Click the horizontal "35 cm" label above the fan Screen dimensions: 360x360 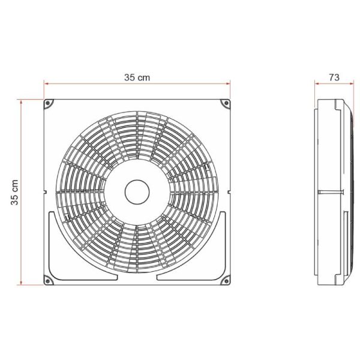point(137,77)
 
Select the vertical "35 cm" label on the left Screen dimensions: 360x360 point(16,193)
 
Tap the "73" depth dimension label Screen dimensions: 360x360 point(334,77)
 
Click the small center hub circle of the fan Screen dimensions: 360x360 point(137,193)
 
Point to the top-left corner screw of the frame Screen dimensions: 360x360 point(49,104)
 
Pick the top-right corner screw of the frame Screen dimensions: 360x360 point(226,104)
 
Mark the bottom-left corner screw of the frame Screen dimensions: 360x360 point(49,280)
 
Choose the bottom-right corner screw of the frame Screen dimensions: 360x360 point(226,280)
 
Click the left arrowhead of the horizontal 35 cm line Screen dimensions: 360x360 point(46,85)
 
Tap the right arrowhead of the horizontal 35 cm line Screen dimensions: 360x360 point(228,85)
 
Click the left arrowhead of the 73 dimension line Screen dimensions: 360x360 point(318,85)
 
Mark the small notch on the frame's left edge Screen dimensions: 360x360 point(45,193)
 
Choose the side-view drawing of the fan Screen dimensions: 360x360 point(334,192)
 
